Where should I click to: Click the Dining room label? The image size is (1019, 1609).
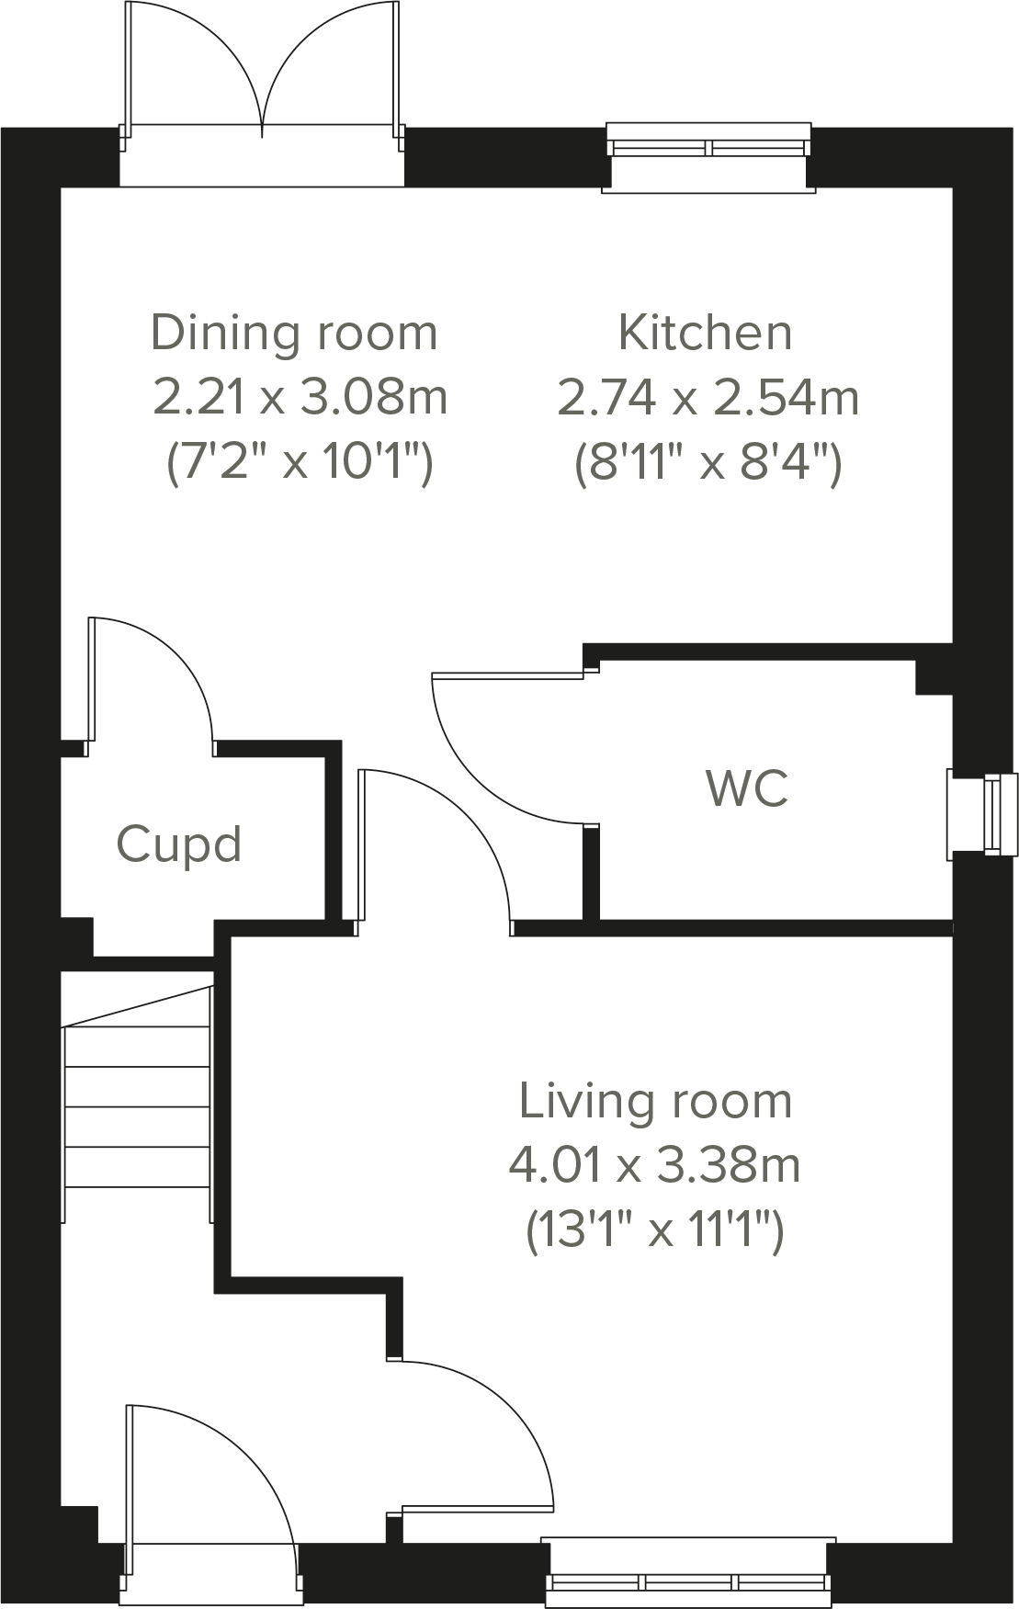pos(294,333)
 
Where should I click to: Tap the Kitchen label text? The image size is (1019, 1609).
pos(705,332)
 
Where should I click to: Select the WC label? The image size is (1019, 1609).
pos(747,788)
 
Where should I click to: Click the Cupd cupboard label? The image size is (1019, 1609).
pos(179,844)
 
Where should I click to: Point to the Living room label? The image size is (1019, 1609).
pos(655,1101)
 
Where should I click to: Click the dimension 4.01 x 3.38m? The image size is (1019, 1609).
pos(655,1165)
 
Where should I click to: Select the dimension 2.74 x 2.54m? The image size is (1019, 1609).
pos(708,397)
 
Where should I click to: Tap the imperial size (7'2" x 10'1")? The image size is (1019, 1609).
pos(299,461)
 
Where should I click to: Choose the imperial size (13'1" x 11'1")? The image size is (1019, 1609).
pos(655,1229)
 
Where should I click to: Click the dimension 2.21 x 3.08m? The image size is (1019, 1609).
pos(300,397)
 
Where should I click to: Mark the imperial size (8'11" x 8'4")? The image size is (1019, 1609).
pos(708,461)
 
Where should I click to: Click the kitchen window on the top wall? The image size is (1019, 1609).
pos(708,156)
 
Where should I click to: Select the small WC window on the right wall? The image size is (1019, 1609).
pos(983,815)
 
